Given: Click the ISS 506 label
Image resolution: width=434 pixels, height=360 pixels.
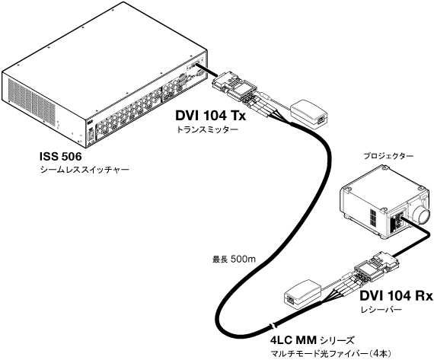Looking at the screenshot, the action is point(61,157).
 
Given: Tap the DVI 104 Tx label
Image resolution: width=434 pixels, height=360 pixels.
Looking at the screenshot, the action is point(211,116).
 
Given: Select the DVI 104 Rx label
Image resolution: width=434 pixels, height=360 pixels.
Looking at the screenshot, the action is point(396,296).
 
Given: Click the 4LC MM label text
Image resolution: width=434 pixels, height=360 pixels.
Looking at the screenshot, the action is point(293,340).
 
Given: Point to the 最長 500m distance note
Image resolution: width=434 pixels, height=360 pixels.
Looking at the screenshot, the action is point(234,260).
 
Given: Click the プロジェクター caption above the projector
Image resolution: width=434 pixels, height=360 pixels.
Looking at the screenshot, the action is point(388,156).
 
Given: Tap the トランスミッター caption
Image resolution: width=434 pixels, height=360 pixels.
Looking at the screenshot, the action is point(207,129).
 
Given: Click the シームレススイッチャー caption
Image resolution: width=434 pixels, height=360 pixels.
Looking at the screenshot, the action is point(85,170).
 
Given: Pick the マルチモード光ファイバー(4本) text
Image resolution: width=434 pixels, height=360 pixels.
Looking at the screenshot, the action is point(331,353).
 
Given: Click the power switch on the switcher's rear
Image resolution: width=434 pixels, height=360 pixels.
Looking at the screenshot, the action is point(90,135).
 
